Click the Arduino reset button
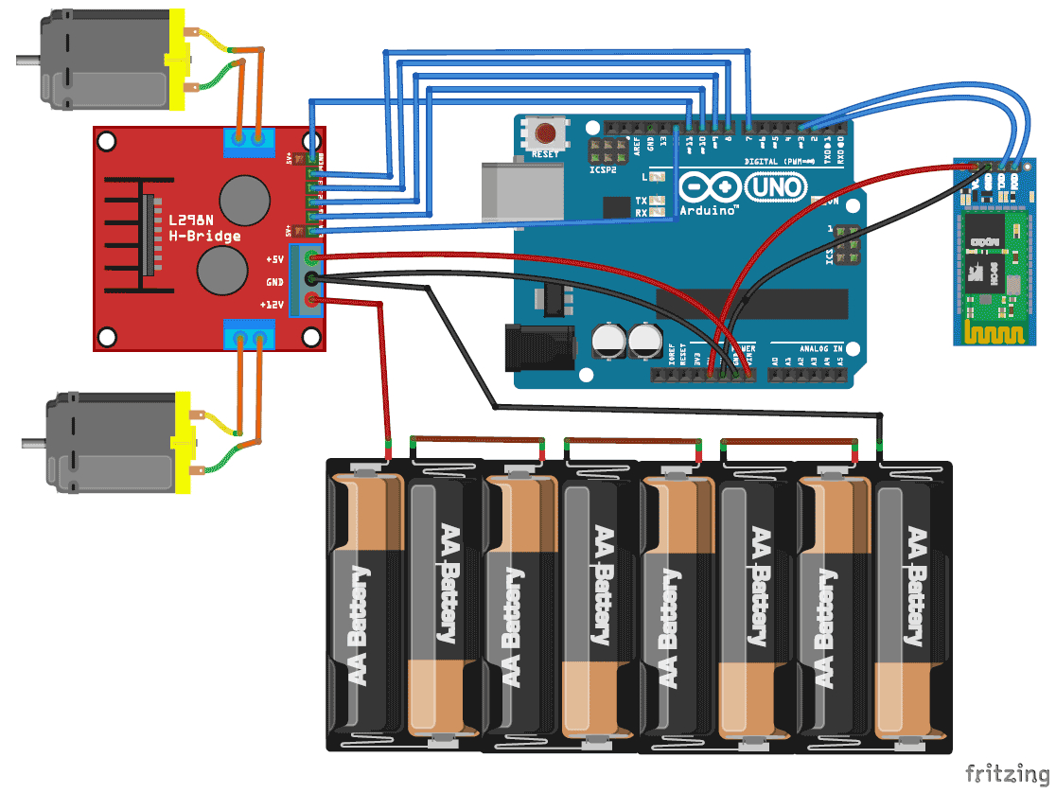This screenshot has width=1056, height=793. point(545,132)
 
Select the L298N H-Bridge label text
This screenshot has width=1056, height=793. point(204,228)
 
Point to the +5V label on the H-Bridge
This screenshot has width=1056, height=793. point(274,258)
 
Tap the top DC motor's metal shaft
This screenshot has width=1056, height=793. point(26,61)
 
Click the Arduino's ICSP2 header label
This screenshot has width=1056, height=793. point(604,170)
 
